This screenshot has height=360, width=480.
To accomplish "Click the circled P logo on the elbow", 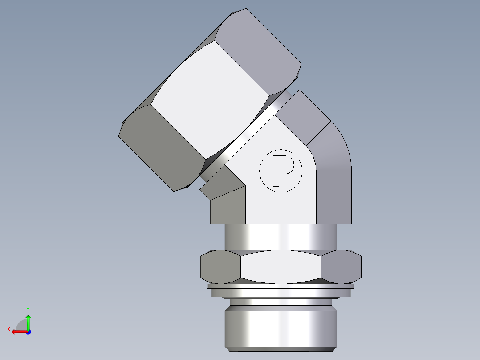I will (281, 171).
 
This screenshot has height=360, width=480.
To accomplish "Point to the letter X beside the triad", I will (8, 329).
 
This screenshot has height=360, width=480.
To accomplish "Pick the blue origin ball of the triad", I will (28, 332).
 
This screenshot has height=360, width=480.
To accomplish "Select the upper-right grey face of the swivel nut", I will (258, 49).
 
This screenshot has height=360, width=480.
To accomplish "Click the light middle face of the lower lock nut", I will (281, 266).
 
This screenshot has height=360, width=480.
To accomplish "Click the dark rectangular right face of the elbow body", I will (334, 196).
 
